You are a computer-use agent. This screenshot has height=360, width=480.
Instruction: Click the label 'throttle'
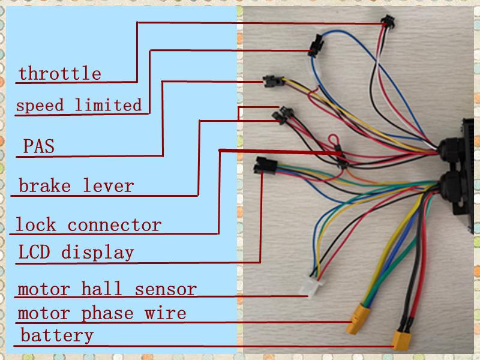coord(59,74)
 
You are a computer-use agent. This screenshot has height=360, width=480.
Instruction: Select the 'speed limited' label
coord(79,106)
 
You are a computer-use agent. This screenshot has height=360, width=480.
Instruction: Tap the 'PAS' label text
coord(38,146)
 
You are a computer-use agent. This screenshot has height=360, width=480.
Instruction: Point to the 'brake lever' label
coord(76,185)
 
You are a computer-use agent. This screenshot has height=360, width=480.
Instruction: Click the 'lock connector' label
coord(88,226)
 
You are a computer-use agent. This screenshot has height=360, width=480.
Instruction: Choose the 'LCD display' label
coord(76,252)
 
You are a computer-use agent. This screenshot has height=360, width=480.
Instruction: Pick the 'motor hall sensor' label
coord(107,289)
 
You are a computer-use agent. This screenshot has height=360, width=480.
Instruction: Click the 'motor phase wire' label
coord(101,313)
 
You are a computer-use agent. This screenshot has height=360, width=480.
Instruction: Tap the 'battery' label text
coord(57,335)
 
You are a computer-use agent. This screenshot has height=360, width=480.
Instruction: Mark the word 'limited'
coord(108,106)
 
